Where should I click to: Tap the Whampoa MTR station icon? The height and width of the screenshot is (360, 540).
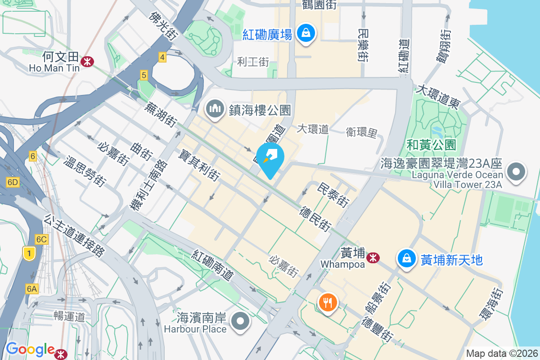(373, 258)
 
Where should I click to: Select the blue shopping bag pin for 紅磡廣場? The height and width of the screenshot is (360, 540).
(306, 33)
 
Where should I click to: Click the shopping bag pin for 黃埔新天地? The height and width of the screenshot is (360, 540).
(407, 259)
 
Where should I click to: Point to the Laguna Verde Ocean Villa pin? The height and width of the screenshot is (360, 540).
(516, 172)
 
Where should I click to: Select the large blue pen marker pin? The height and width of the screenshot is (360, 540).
(270, 159)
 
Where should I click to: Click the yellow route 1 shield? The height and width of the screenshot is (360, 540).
(29, 254)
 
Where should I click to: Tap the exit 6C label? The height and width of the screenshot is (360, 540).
(41, 239)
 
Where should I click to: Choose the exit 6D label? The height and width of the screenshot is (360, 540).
(13, 182)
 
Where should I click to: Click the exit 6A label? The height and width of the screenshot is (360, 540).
(31, 289)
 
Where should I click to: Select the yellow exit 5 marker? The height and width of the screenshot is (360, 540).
(144, 75)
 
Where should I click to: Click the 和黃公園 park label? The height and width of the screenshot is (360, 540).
(431, 144)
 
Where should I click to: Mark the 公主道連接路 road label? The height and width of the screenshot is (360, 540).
(74, 235)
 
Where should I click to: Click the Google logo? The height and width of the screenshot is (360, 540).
(30, 349)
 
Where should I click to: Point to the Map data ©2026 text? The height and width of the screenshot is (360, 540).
(502, 353)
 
